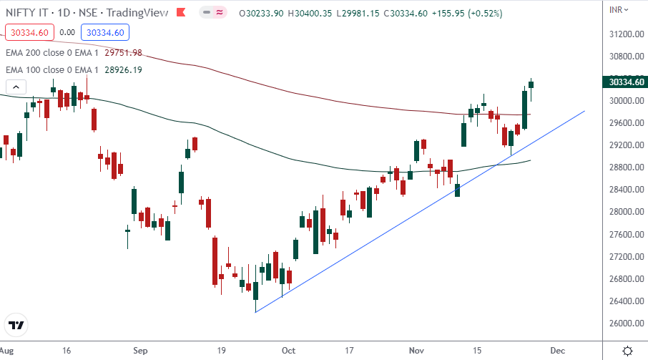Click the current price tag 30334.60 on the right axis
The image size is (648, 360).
(624, 82)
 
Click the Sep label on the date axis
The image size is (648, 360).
(140, 351)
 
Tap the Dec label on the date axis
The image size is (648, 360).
(557, 351)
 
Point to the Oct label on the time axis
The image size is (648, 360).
(288, 351)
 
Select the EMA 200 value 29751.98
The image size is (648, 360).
(123, 52)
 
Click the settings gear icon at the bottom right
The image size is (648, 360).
(627, 351)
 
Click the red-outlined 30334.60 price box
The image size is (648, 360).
(28, 32)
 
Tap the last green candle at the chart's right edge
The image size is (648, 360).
(531, 84)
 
